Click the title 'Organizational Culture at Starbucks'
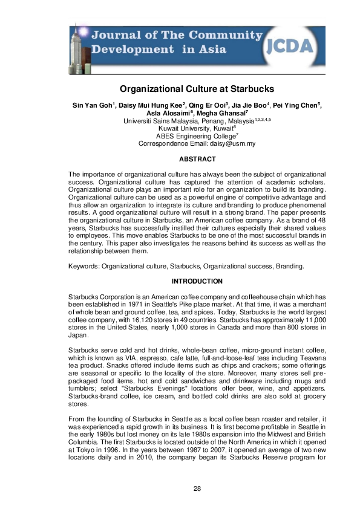180,89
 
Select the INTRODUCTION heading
180,282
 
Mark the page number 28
180,488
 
